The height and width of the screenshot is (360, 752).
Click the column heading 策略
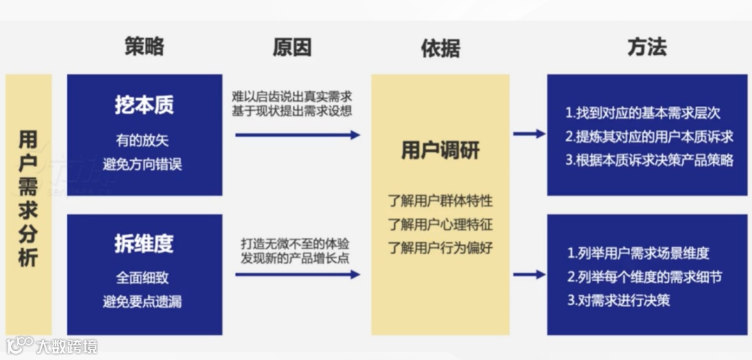pos(144,47)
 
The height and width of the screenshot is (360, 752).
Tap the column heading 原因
pos(292,47)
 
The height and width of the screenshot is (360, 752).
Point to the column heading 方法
pos(647,47)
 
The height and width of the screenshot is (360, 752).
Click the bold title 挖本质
pos(144,105)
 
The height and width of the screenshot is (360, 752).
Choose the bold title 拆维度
pos(144,244)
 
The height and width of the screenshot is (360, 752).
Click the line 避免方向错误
pos(144,165)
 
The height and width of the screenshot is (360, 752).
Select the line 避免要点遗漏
pos(144,302)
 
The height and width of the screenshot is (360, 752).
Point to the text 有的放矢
pos(144,141)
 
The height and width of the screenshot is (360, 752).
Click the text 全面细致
pos(144,278)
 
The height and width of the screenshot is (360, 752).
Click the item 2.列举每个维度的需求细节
pos(643,277)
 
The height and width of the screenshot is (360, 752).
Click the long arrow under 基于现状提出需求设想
pos(297,135)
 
